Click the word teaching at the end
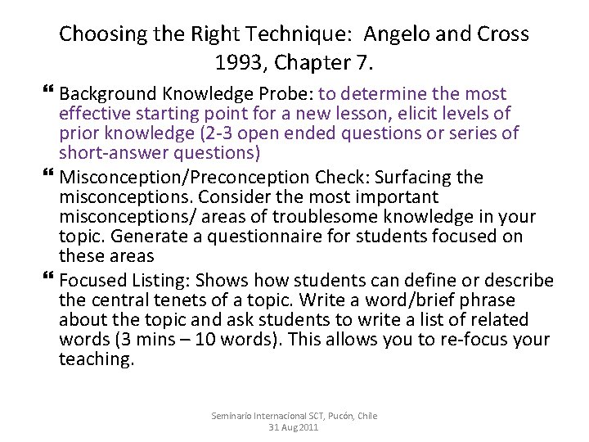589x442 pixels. (96, 359)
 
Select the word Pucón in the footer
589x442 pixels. (331, 416)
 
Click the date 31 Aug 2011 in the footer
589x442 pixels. (294, 427)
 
